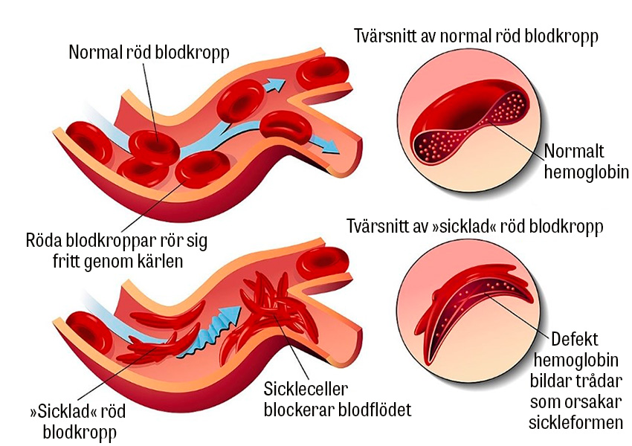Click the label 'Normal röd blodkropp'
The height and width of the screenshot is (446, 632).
coord(149,53)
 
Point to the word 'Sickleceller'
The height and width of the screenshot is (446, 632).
coord(306,388)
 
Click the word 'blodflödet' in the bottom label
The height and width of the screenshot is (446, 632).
coord(374,410)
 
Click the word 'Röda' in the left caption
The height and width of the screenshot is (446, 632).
coord(44,242)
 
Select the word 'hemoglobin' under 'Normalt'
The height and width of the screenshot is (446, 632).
coord(587,172)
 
